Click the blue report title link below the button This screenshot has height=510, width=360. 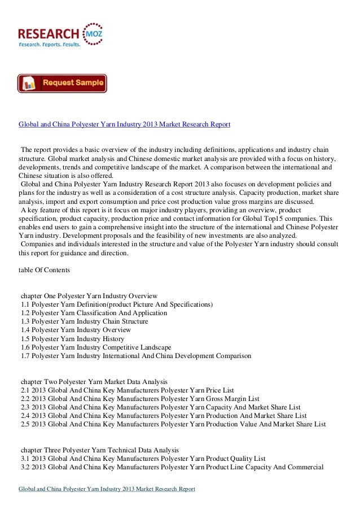pos(125,124)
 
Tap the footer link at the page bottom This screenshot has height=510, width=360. pos(107,489)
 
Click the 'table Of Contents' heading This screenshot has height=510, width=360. pos(45,271)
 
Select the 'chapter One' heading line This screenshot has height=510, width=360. pos(89,296)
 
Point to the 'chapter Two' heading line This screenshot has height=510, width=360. pos(94,381)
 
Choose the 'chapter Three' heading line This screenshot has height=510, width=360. pos(100,450)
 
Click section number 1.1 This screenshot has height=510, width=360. pos(25,304)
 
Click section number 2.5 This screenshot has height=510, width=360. pos(25,424)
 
